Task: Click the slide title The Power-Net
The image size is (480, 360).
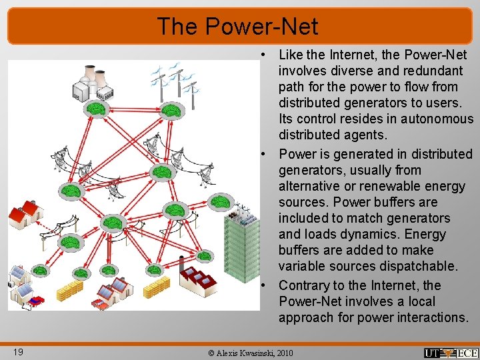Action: tap(238, 27)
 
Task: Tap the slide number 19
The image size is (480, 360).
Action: tap(18, 351)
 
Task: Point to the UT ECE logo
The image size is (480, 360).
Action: tap(451, 353)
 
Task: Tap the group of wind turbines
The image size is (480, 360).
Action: tap(175, 83)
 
